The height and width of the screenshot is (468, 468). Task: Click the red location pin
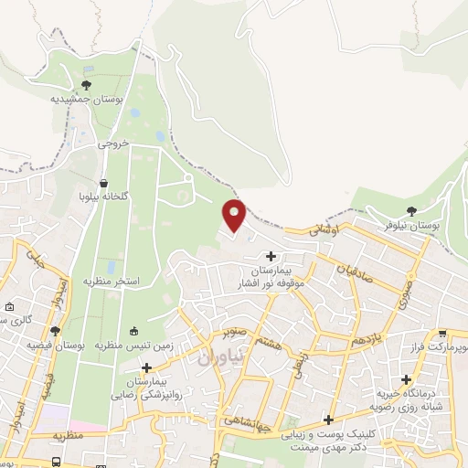click(x=235, y=215)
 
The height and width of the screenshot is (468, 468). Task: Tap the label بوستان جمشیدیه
click(x=86, y=99)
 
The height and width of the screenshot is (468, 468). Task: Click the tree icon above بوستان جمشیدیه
click(x=86, y=85)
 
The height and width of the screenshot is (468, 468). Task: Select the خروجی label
click(x=116, y=144)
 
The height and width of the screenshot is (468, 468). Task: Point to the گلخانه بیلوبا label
click(x=102, y=196)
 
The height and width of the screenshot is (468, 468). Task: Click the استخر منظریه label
click(x=114, y=281)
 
